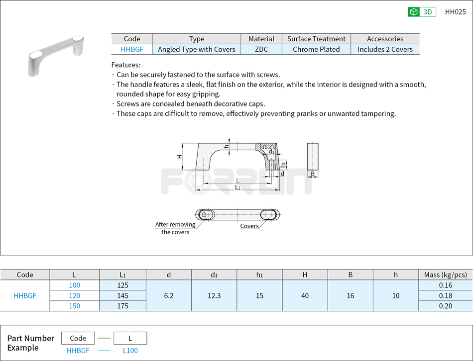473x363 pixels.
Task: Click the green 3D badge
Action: [422, 12]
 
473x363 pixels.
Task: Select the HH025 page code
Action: [455, 12]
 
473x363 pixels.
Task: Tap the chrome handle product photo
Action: [55, 55]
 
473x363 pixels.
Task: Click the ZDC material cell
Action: [261, 49]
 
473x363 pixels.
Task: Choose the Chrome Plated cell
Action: [316, 49]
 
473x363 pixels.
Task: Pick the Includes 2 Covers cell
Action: [385, 49]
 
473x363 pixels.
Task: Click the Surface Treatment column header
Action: [316, 39]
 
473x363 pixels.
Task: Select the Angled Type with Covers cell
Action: [197, 49]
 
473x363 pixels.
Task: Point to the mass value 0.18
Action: [446, 295]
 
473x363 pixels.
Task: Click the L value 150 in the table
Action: [74, 306]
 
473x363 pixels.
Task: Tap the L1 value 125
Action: [122, 285]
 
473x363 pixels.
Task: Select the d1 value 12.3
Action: [214, 295]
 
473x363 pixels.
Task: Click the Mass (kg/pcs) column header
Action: [446, 274]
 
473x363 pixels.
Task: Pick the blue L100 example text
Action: [130, 351]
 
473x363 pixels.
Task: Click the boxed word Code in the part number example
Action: [78, 338]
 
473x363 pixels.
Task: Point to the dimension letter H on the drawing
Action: [180, 157]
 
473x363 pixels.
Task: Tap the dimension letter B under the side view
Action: [313, 174]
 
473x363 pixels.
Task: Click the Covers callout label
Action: [249, 226]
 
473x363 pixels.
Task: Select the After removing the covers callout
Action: [175, 228]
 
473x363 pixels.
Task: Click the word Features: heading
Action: [126, 65]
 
